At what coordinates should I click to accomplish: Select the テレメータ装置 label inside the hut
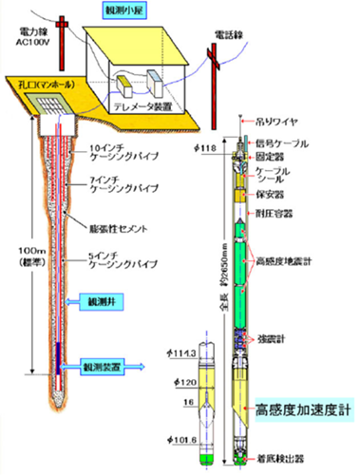pyautogui.click(x=160, y=106)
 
